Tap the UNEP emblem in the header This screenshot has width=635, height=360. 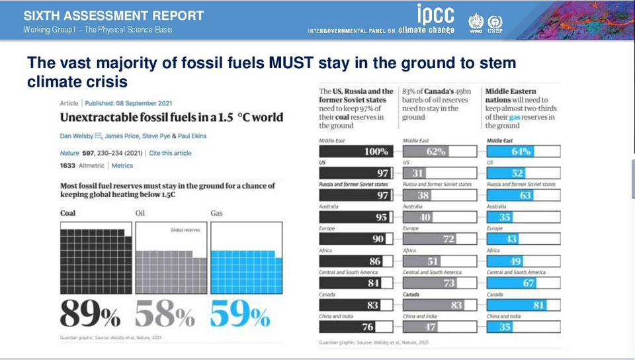pos(494,22)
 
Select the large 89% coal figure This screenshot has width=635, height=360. pos(91,313)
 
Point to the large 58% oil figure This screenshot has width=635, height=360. pos(166,313)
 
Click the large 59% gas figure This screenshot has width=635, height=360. pos(239,313)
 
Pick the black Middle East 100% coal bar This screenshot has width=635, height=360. pos(357,152)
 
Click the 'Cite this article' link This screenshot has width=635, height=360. pos(171,153)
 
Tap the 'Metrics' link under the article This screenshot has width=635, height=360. pos(122,165)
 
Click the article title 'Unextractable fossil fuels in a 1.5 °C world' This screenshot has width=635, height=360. pos(171,118)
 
